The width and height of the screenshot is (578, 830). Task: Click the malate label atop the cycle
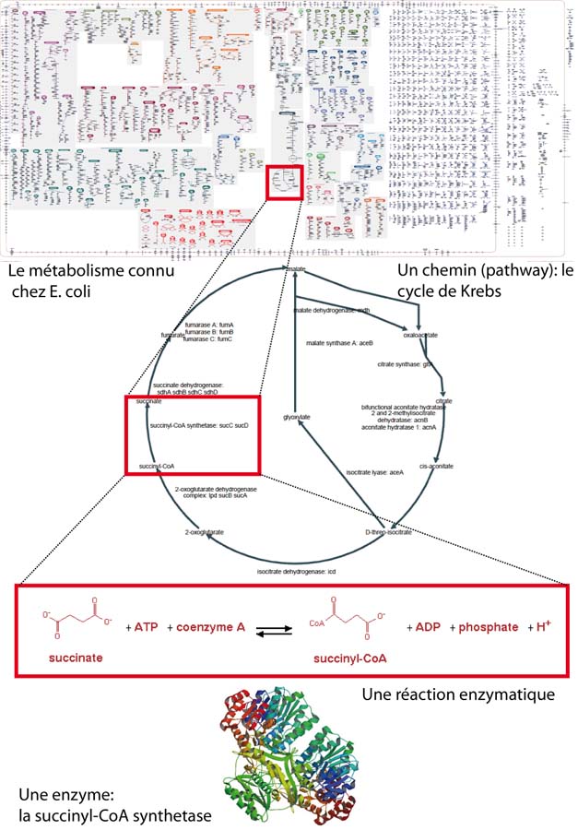click(x=295, y=268)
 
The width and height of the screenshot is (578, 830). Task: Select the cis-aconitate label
click(x=436, y=467)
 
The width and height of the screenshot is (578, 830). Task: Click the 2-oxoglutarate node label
click(x=206, y=533)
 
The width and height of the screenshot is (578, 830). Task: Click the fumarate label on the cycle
click(x=172, y=335)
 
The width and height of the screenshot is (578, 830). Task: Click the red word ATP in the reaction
click(x=147, y=628)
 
